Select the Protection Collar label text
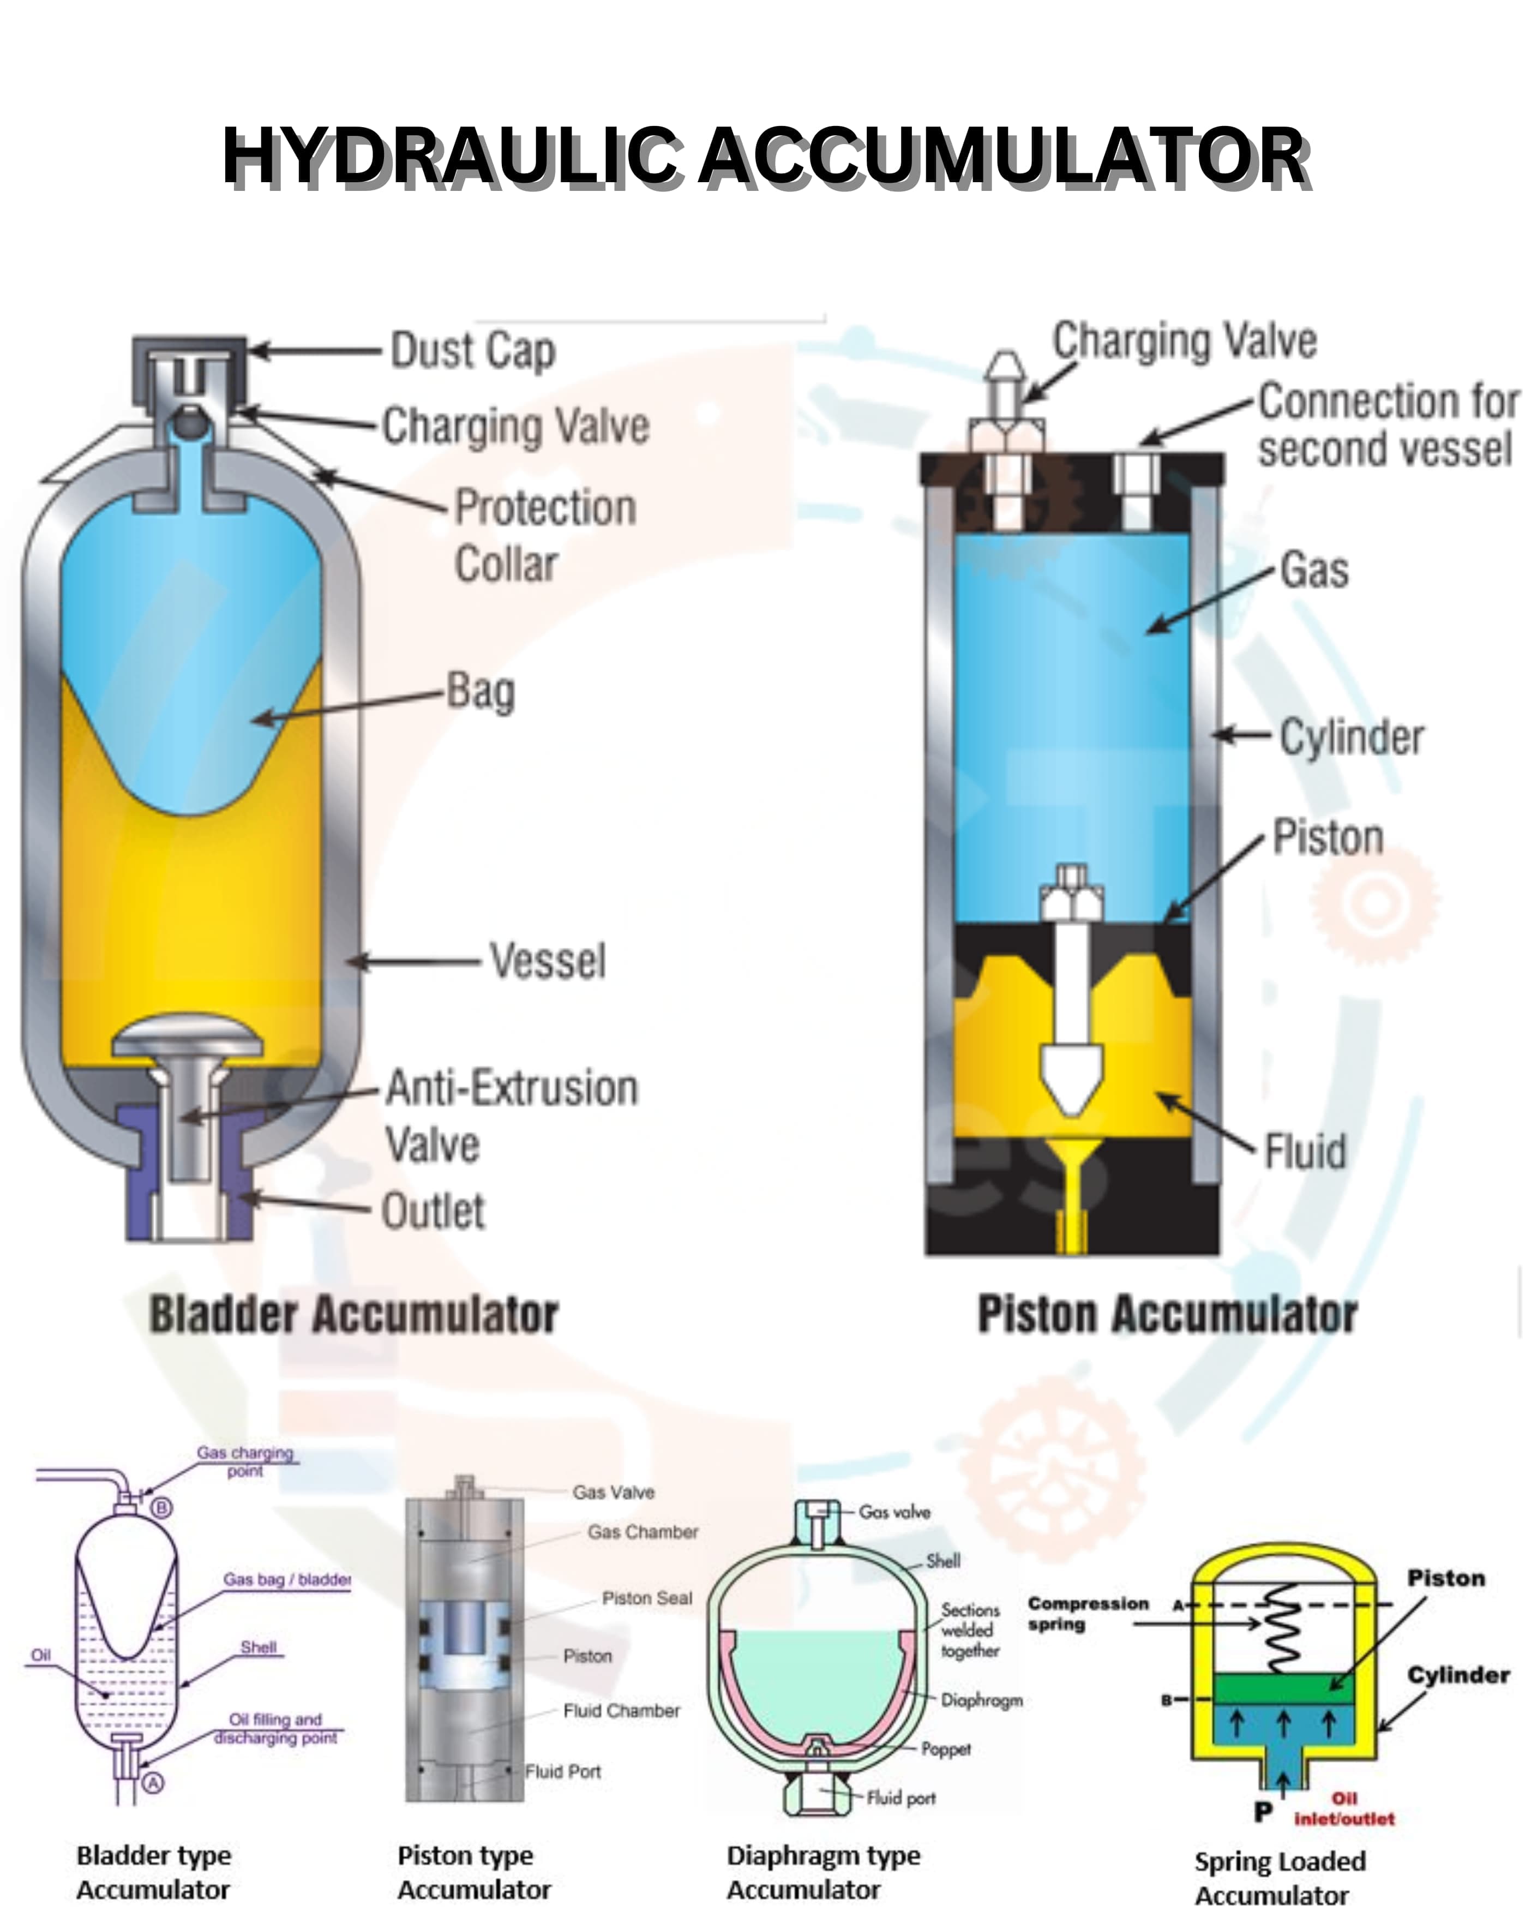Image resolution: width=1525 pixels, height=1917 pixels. (x=544, y=535)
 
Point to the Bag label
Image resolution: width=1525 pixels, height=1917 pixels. (x=480, y=692)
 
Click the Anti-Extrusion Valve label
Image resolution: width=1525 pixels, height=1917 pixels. (x=511, y=1115)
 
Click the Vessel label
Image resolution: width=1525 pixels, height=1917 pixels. (x=548, y=961)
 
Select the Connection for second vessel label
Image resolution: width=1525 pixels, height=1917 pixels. (x=1387, y=425)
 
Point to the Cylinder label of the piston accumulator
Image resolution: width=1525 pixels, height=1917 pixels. (x=1350, y=737)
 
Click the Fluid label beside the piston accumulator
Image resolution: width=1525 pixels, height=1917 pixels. (x=1305, y=1152)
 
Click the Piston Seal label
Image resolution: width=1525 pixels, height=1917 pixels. (x=646, y=1598)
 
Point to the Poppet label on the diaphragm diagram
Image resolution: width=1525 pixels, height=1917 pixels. (x=945, y=1749)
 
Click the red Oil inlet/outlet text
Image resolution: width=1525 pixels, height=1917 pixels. (x=1343, y=1810)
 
